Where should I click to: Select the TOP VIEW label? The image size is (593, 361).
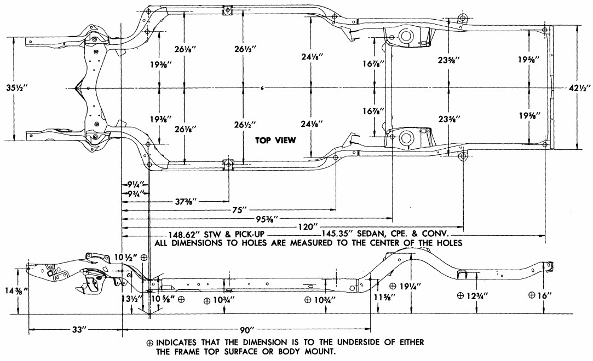coord(275,141)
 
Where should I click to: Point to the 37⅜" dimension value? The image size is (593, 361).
coord(186,202)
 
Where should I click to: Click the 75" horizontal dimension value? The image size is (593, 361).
coord(239,211)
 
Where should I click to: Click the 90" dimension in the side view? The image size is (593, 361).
coord(245,330)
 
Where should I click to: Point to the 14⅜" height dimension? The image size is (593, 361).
coord(15,291)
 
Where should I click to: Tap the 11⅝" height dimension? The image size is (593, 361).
coord(384,297)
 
